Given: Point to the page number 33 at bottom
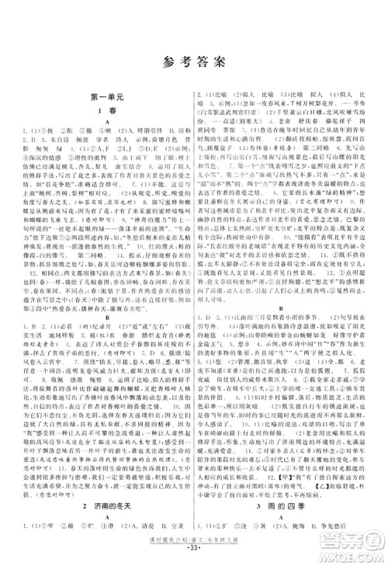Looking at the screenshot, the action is click(193, 557).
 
